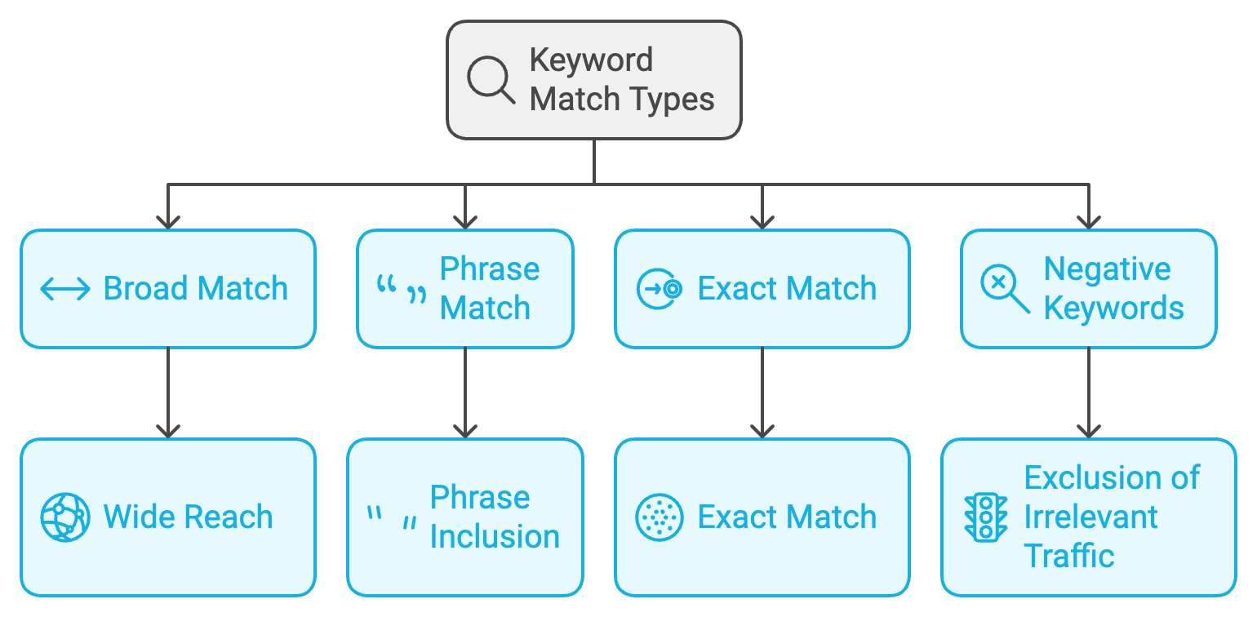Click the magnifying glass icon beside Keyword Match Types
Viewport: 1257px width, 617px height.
tap(491, 80)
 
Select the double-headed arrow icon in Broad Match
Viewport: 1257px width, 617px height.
tap(65, 289)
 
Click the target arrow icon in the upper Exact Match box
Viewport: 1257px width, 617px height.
tap(659, 289)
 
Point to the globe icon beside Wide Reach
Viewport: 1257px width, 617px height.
tap(65, 517)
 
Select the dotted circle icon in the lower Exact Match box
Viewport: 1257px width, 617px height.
tap(659, 517)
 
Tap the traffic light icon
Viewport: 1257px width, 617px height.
tap(986, 517)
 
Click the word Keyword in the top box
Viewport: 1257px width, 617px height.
tap(591, 60)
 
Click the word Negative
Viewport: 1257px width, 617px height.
tap(1107, 269)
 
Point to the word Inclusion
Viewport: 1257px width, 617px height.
tap(495, 537)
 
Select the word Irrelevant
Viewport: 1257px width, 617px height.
tap(1090, 517)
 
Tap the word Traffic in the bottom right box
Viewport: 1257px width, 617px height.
tap(1069, 557)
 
